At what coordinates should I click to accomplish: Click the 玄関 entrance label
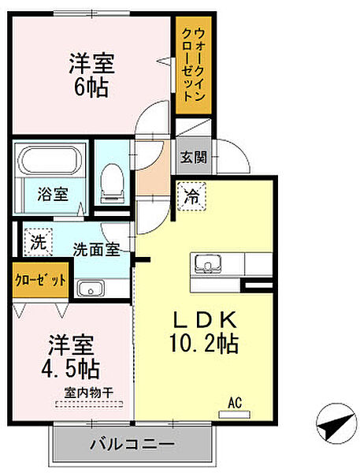point(193,157)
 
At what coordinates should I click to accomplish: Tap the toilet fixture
point(112,183)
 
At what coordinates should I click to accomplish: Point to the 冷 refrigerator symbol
point(191,196)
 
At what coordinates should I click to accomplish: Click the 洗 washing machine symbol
point(39,242)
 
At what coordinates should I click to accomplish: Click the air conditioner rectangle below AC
point(234,415)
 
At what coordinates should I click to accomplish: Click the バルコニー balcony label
point(132,444)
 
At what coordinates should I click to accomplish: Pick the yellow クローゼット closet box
point(41,280)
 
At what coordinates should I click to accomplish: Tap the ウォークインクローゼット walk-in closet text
point(193,65)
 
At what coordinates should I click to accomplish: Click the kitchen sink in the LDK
point(208,263)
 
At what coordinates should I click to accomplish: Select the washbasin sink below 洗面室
point(91,288)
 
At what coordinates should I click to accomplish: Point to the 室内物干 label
point(89,393)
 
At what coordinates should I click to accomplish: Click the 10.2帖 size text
point(205,343)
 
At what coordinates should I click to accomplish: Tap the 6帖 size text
point(91,88)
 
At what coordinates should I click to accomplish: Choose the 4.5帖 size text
point(70,369)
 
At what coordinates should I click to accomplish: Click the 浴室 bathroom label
point(53,194)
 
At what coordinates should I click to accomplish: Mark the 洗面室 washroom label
point(96,249)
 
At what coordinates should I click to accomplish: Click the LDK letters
point(204,320)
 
